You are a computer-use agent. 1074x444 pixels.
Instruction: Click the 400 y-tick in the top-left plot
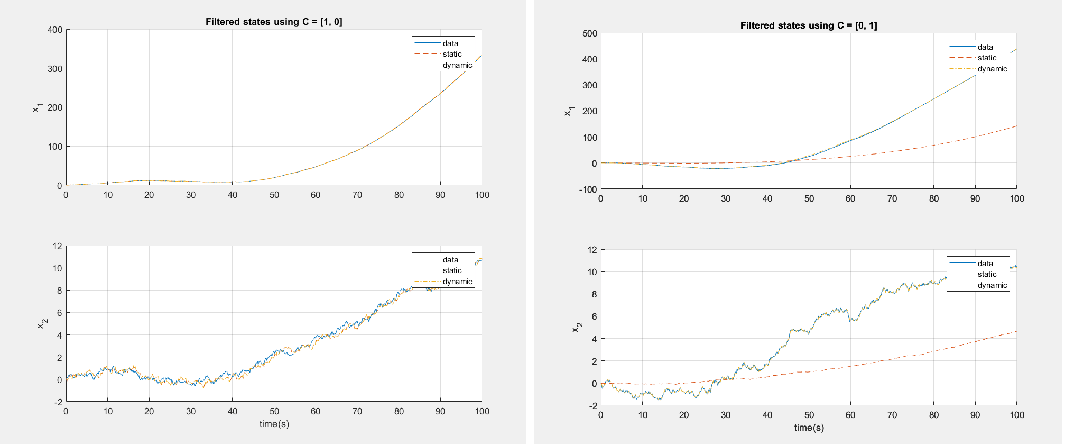point(55,30)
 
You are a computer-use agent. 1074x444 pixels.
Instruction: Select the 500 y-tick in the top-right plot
point(590,33)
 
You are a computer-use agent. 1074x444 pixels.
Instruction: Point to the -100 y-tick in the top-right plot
point(588,189)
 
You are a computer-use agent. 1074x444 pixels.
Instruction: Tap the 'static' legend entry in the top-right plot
point(987,58)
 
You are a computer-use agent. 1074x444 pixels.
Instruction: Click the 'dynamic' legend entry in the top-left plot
point(457,65)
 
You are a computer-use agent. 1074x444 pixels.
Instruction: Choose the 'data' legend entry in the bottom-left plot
point(450,260)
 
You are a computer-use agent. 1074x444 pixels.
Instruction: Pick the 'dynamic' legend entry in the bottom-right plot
point(992,285)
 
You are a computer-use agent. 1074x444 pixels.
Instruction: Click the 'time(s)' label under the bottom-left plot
point(274,424)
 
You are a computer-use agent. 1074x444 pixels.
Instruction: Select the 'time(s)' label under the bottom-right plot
point(809,428)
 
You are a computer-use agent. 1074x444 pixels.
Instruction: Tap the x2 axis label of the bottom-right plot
point(576,328)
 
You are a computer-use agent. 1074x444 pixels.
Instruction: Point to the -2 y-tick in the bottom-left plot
point(58,402)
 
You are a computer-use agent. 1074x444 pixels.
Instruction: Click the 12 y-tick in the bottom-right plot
point(592,250)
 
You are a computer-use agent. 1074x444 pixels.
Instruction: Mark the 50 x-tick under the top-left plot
point(274,195)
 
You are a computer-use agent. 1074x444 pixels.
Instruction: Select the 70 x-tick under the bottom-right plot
point(892,415)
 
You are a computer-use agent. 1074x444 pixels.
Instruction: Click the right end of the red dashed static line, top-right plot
point(1016,126)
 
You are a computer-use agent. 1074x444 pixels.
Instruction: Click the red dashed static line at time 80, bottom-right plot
point(933,351)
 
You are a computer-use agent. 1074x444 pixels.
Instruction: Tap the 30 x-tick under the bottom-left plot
point(191,411)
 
